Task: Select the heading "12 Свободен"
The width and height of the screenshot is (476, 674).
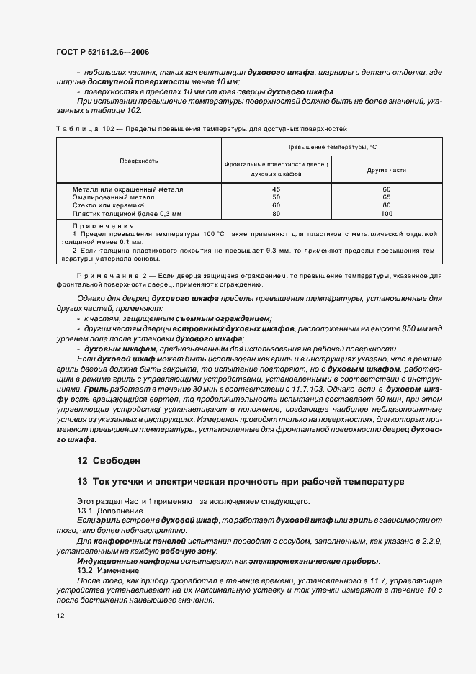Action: pos(109,460)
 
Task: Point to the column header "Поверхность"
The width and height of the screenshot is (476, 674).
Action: pos(139,161)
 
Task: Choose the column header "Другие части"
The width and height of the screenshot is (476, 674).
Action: pos(386,170)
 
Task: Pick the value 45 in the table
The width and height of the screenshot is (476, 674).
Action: pos(276,189)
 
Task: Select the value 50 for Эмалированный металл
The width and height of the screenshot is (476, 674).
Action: pos(276,197)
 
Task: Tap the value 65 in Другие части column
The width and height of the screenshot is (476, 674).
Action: pos(386,197)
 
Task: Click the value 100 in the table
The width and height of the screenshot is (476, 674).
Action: pos(386,214)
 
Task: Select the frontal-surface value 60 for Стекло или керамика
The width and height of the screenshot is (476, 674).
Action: pos(276,206)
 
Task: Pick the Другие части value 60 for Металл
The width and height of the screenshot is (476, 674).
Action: pos(386,189)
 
